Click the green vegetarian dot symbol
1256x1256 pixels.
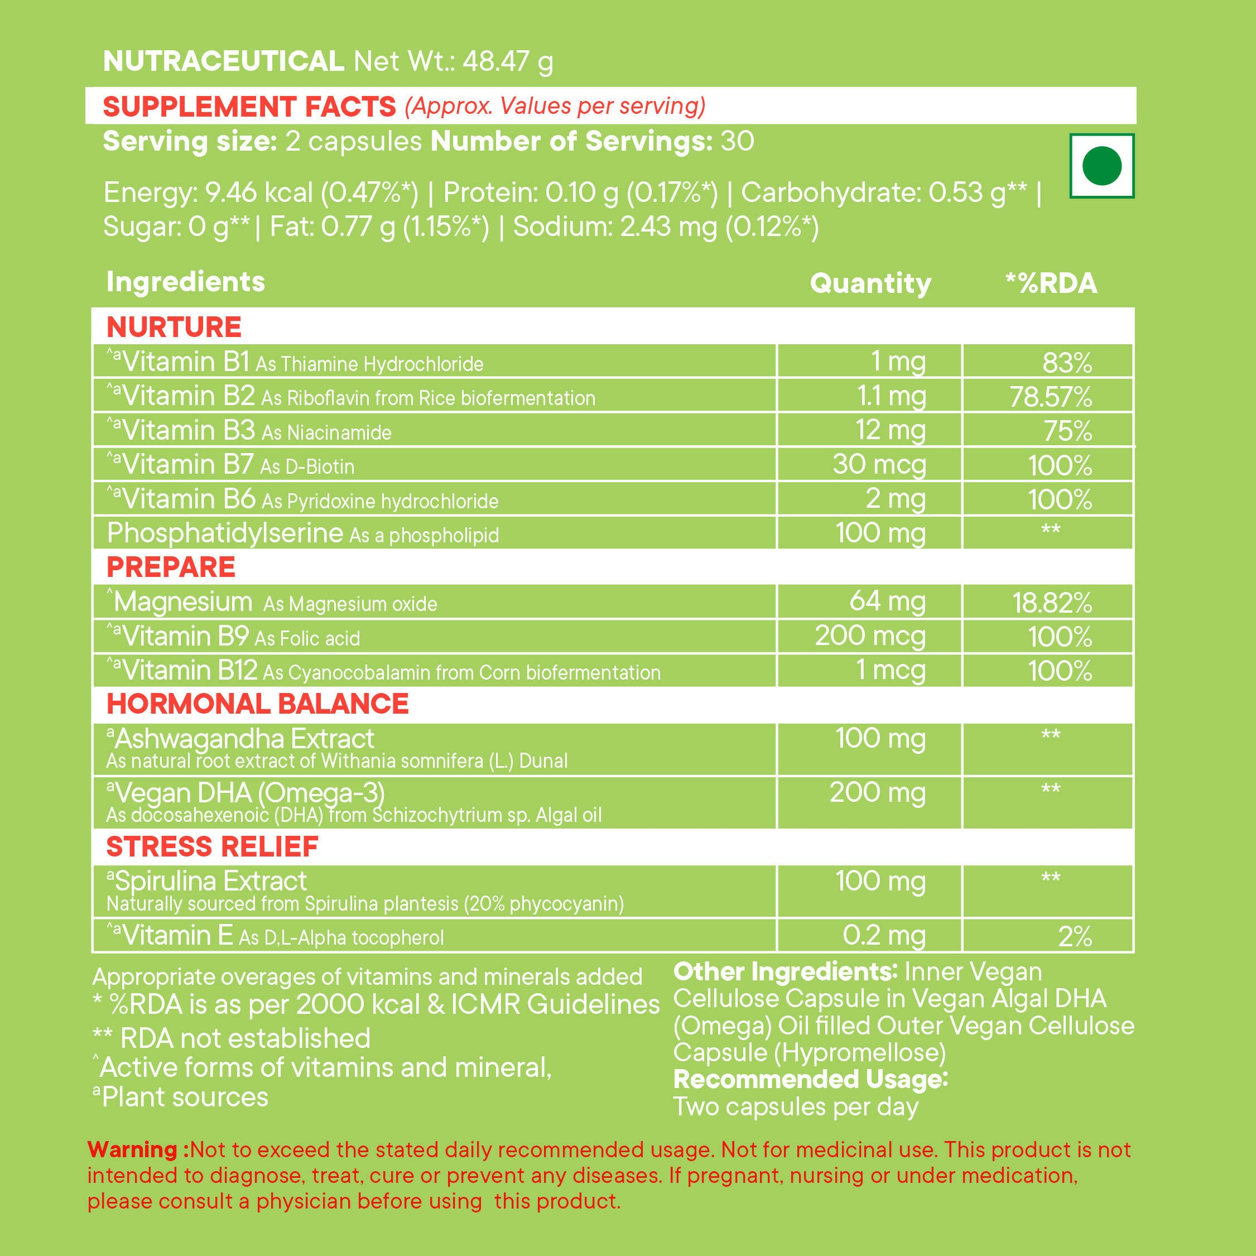point(1102,165)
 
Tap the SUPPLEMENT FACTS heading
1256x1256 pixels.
point(249,106)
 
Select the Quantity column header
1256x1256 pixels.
point(870,283)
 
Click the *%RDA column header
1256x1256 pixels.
point(1051,283)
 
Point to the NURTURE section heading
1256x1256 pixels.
point(174,326)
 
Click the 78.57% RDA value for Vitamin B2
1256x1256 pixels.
point(1051,397)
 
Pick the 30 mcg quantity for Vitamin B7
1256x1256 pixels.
point(879,465)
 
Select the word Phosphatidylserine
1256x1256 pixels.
point(225,533)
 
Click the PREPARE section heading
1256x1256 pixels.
point(170,567)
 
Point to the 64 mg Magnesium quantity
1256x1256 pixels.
point(887,601)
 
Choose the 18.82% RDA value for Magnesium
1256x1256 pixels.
point(1052,603)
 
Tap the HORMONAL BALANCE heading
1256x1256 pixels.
point(257,704)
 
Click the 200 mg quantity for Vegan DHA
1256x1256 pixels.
point(877,792)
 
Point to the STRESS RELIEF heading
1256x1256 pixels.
point(212,846)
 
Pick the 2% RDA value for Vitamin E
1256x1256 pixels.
point(1075,936)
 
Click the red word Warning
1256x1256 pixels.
point(132,1149)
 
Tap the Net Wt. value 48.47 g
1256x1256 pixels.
point(508,62)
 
